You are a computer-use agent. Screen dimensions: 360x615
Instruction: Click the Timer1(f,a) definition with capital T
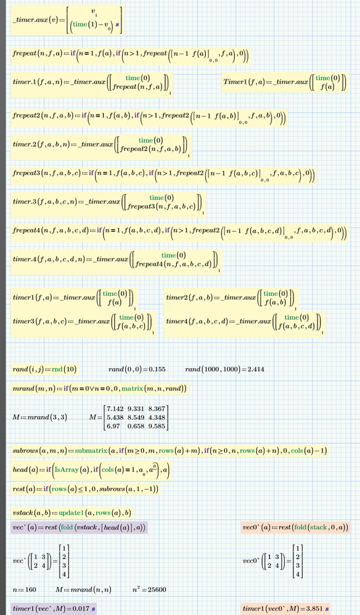pyautogui.click(x=285, y=82)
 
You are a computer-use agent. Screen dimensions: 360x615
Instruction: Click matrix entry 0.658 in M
pyautogui.click(x=136, y=426)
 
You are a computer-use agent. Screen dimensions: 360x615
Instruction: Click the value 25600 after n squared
pyautogui.click(x=156, y=590)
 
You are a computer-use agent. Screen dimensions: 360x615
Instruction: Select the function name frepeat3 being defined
pyautogui.click(x=25, y=173)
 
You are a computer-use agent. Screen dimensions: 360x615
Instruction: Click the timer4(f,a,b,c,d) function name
pyautogui.click(x=178, y=321)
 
